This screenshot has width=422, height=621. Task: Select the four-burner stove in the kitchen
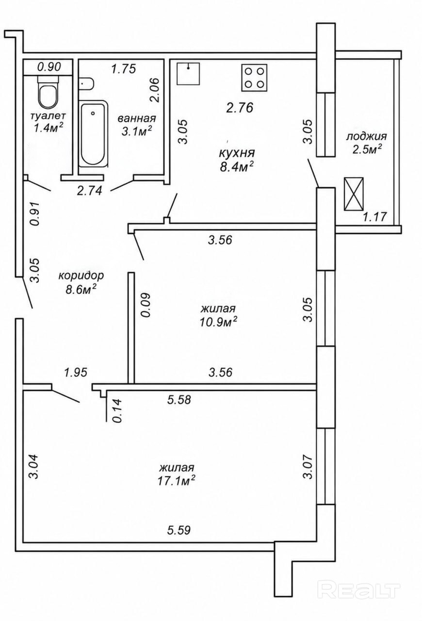[255, 78]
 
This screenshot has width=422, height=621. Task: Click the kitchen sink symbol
[188, 74]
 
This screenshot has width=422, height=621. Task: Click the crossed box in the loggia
[354, 194]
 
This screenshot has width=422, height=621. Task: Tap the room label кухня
[237, 153]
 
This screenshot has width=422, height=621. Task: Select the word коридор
[81, 276]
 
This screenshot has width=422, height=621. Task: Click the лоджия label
[366, 137]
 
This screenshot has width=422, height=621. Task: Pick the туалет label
[48, 115]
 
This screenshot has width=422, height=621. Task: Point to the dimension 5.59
[179, 531]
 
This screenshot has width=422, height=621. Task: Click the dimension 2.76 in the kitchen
[240, 108]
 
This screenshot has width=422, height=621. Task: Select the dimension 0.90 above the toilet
[49, 67]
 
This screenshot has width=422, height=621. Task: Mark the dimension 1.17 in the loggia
[374, 217]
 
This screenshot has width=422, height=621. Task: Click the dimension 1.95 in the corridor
[76, 372]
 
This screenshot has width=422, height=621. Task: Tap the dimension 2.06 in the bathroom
[154, 90]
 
